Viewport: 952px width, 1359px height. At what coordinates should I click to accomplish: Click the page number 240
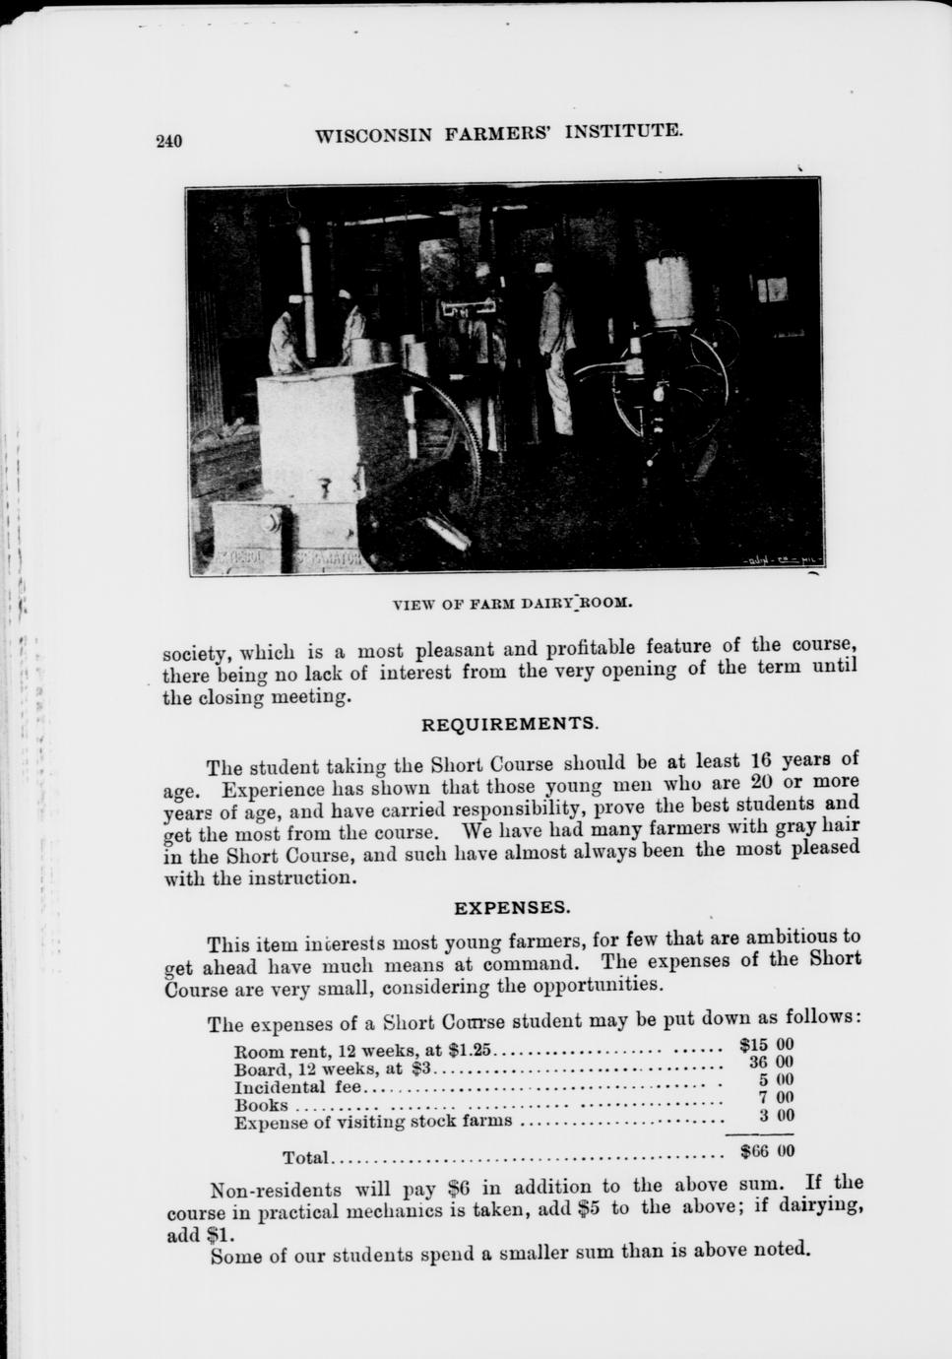(x=170, y=141)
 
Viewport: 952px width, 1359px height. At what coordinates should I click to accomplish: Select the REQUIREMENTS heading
(x=509, y=724)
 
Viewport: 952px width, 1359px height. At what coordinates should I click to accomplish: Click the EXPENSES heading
(x=511, y=906)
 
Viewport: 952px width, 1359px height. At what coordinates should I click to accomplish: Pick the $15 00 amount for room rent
(x=766, y=1045)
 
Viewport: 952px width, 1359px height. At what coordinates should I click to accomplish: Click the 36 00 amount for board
(x=771, y=1063)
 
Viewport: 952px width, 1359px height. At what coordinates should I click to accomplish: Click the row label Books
(x=261, y=1106)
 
